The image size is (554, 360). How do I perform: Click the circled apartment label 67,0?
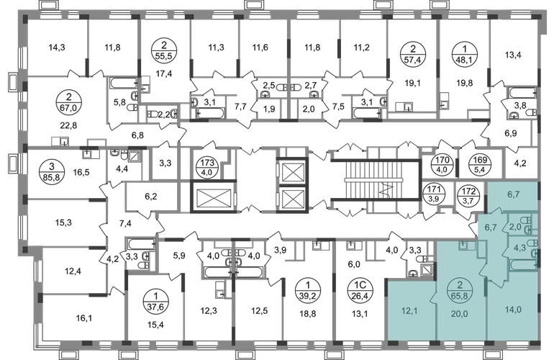(x=68, y=102)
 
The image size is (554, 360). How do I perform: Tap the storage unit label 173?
(x=207, y=167)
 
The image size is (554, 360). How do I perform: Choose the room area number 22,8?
(x=68, y=125)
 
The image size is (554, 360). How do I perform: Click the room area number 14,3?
(x=57, y=48)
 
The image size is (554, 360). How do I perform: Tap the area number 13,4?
(x=513, y=55)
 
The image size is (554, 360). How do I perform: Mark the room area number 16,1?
(x=84, y=318)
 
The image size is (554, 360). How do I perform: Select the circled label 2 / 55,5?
(x=163, y=51)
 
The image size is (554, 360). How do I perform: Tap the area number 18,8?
(x=308, y=313)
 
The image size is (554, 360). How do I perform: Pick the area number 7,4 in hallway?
(x=125, y=223)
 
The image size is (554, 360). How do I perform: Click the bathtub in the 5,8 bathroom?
(x=124, y=83)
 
